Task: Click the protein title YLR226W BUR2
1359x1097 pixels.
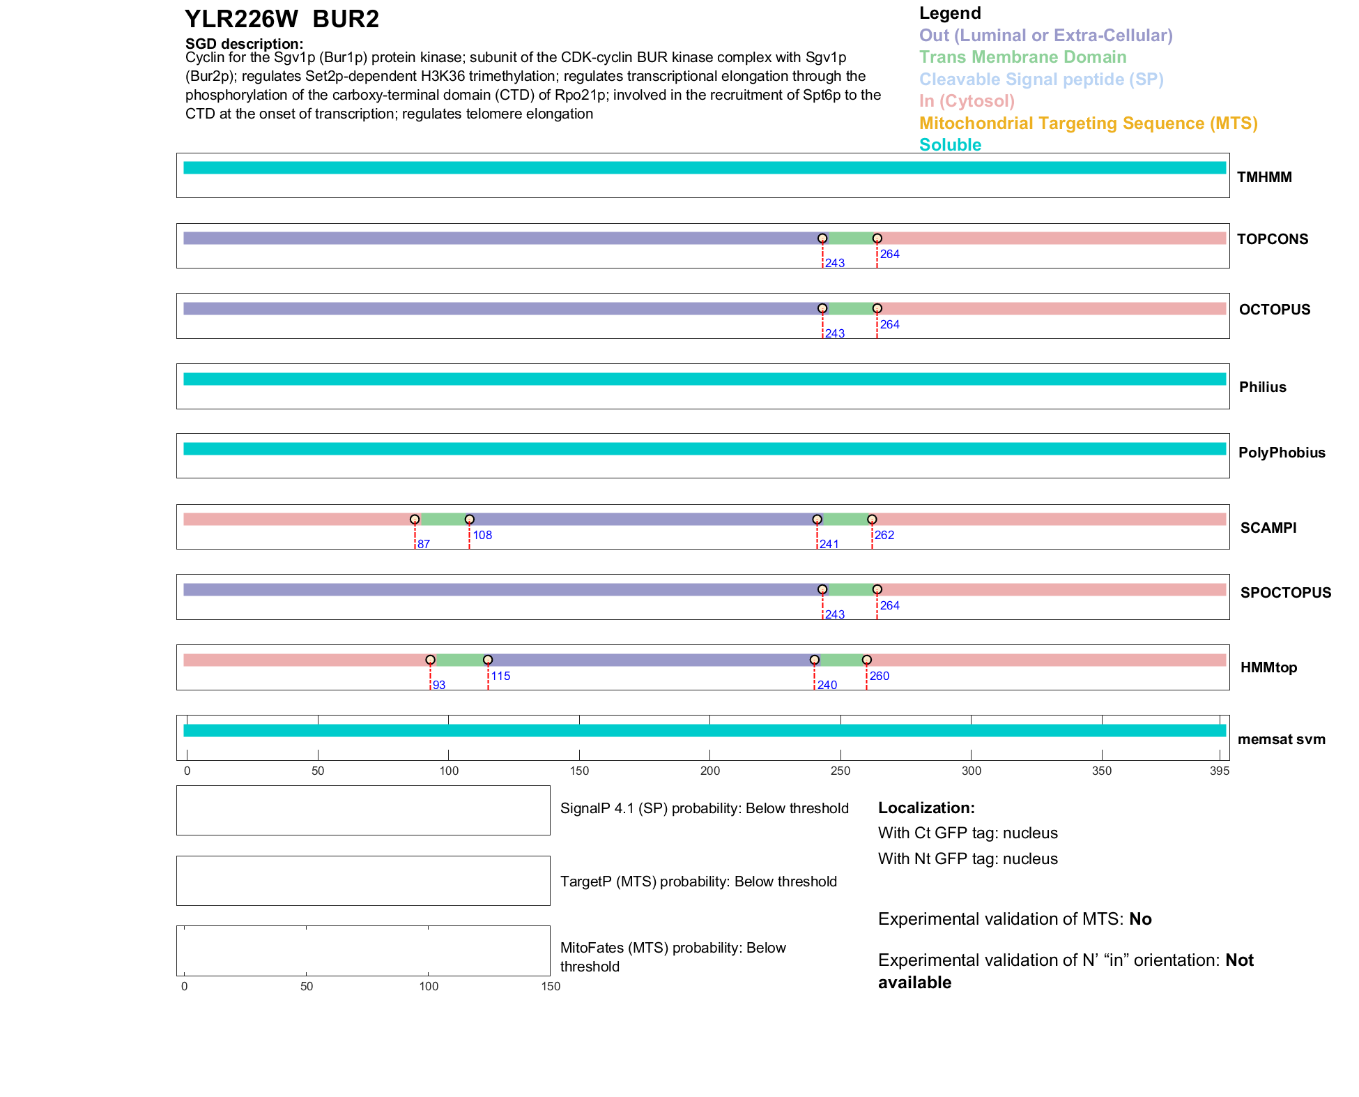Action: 282,20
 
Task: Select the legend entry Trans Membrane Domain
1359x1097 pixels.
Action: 1022,57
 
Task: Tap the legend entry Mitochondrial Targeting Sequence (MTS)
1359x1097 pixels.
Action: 1088,123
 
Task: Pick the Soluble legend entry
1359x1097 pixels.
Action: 950,145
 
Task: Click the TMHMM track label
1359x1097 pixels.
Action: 1264,177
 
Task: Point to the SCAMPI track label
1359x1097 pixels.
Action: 1268,528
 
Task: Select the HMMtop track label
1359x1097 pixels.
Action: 1268,668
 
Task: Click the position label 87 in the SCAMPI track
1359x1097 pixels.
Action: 424,544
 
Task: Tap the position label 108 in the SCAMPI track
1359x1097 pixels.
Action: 482,535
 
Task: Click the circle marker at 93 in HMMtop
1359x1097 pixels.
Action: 431,660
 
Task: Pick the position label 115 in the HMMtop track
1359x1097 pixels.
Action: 500,676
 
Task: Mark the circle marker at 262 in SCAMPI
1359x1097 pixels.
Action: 872,520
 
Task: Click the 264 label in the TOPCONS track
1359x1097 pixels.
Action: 889,254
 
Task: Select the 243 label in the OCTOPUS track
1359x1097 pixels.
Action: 834,333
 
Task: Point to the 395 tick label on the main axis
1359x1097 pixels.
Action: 1220,771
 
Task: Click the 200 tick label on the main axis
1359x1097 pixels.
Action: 709,771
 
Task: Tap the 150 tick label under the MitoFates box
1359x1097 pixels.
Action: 551,986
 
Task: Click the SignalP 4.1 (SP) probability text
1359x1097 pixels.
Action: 704,808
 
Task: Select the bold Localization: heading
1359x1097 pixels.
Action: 926,808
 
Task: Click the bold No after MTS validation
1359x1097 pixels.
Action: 1140,919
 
